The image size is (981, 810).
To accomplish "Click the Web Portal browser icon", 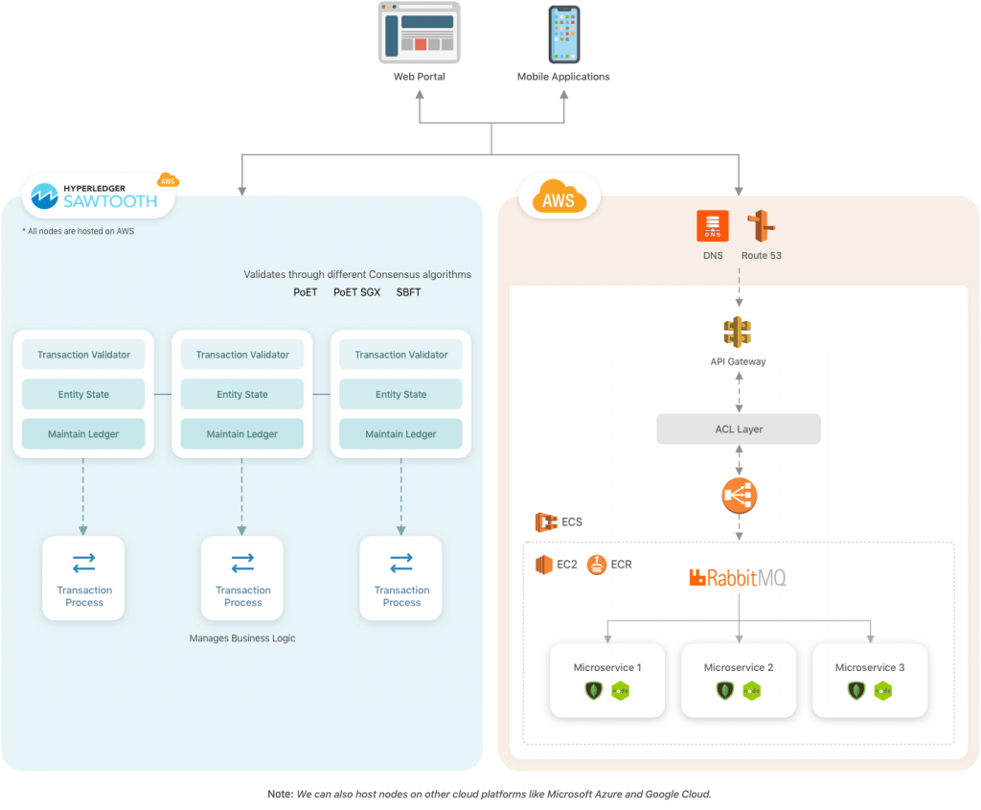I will [419, 33].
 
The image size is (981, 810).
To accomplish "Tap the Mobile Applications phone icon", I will [563, 35].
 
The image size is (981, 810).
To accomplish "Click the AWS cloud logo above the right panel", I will [559, 199].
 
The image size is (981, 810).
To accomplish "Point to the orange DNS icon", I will [713, 226].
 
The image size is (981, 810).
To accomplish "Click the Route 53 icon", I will [762, 226].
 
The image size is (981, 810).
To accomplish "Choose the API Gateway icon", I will [738, 333].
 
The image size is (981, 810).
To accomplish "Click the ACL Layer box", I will [739, 428].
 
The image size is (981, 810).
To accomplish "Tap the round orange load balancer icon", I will [739, 495].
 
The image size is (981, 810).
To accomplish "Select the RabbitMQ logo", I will [738, 577].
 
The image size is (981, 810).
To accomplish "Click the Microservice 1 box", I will [607, 680].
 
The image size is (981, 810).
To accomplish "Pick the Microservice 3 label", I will [869, 667].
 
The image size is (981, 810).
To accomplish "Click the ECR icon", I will [597, 564].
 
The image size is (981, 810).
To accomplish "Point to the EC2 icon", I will [544, 564].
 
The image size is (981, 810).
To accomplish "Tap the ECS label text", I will [572, 522].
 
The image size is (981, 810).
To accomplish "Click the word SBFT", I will [408, 291].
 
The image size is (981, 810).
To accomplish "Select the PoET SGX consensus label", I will [356, 291].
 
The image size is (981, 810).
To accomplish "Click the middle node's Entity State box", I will [242, 394].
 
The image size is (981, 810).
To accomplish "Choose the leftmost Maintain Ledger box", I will [83, 434].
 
